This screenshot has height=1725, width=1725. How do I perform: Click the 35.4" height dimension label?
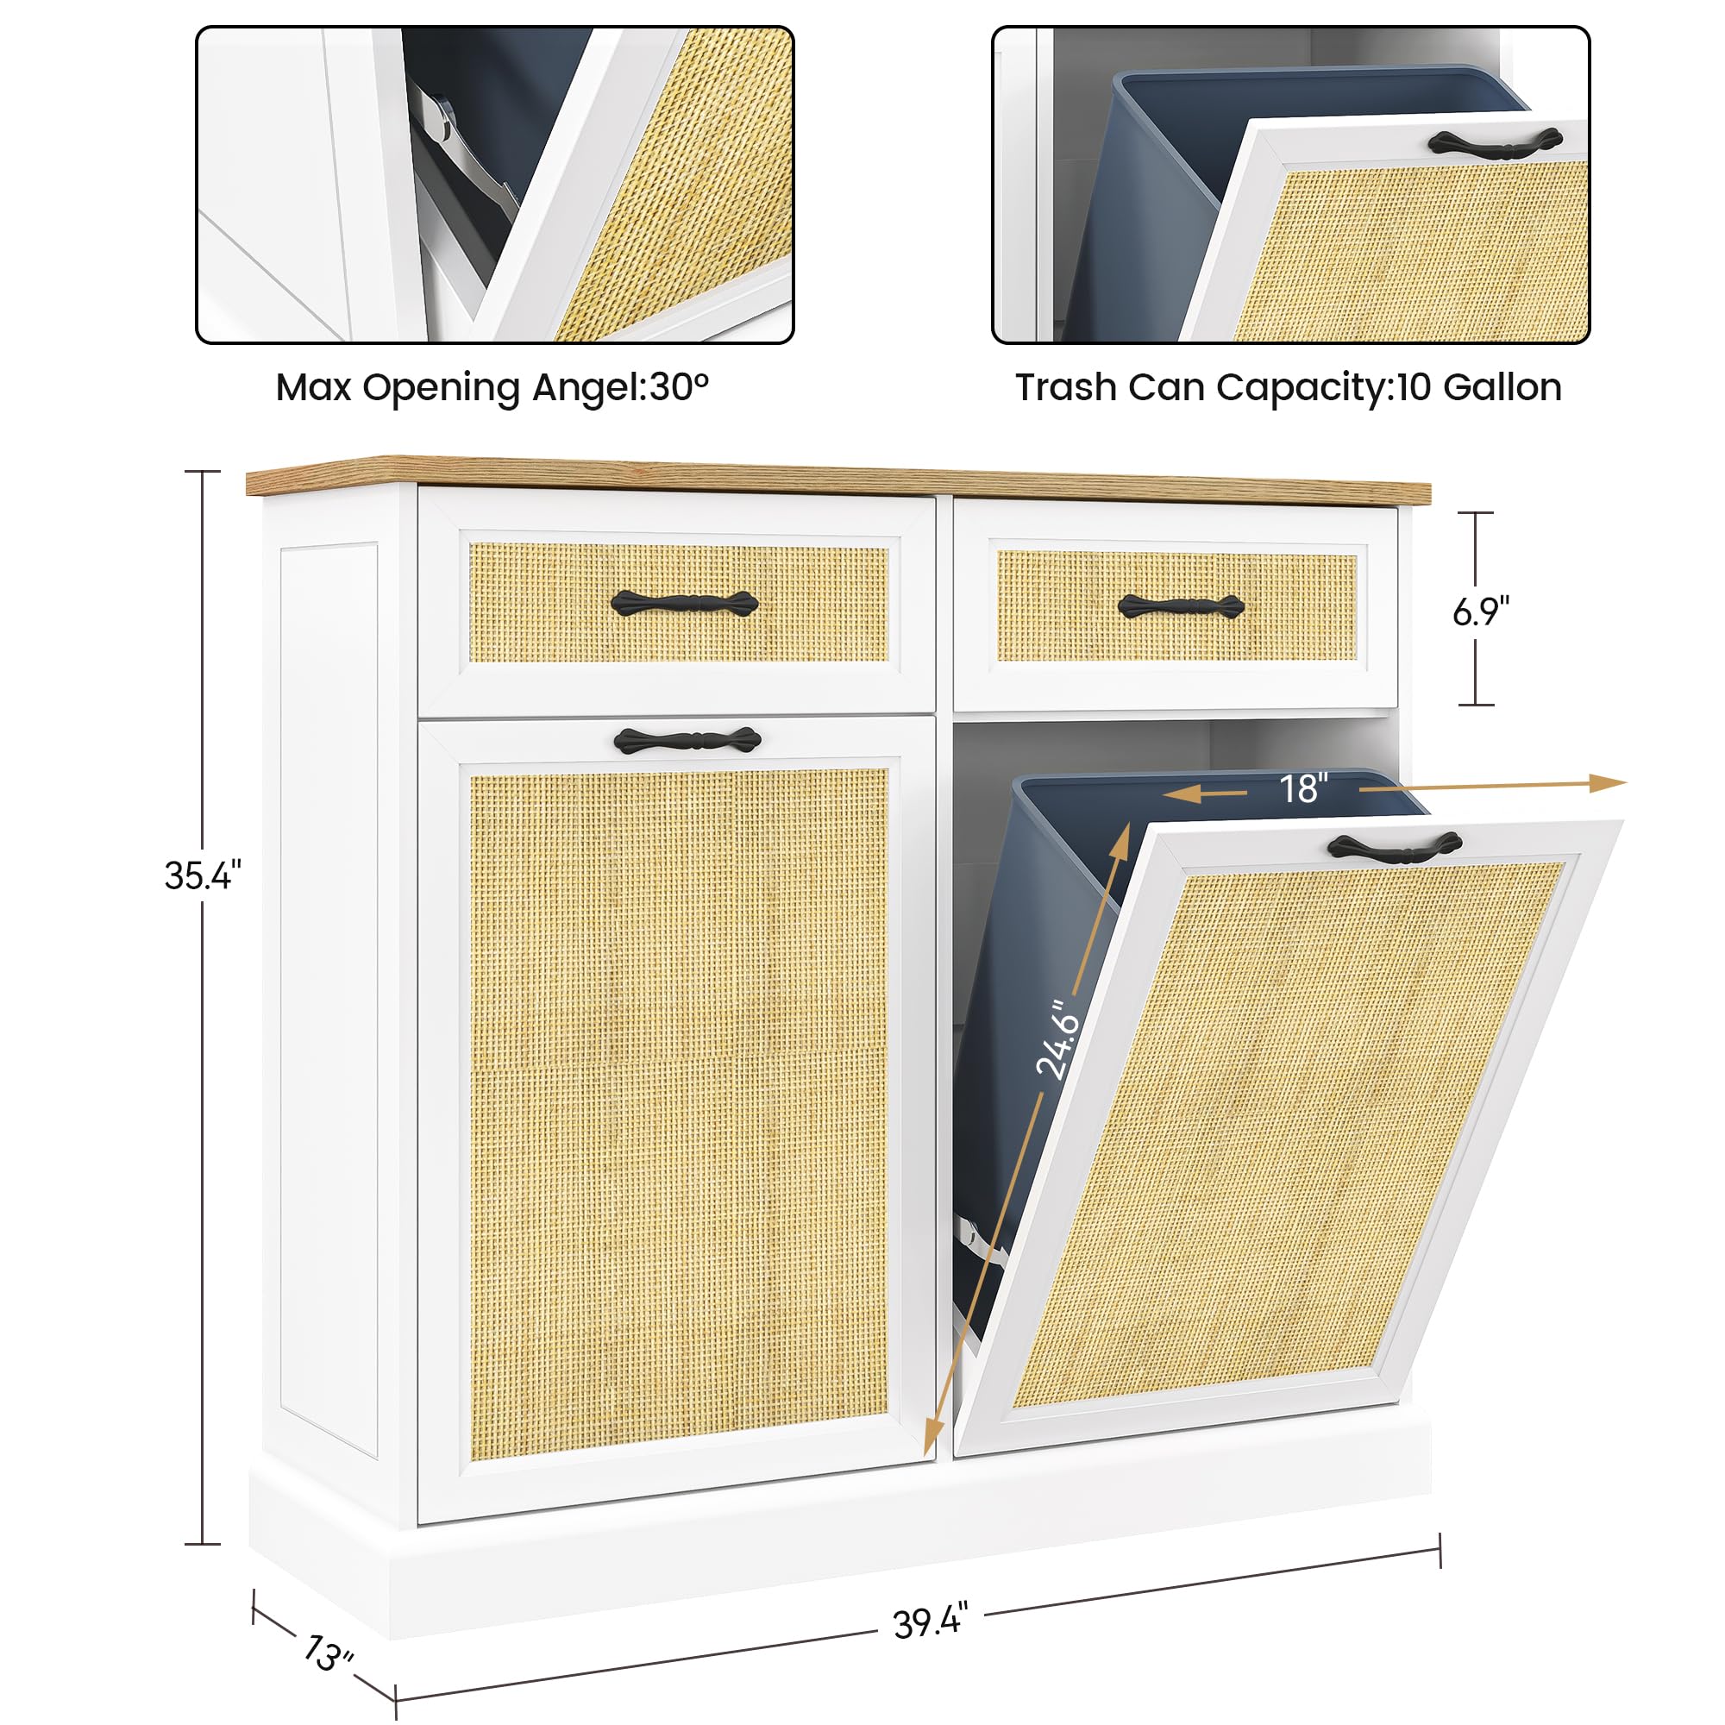coord(203,876)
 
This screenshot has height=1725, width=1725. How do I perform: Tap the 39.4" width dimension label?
coord(930,1621)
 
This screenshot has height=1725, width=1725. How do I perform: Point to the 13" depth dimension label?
coord(329,1652)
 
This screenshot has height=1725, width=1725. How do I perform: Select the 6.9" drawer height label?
coord(1480,612)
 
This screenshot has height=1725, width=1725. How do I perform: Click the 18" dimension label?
coord(1302,788)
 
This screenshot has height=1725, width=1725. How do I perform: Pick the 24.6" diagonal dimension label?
coord(1057,1041)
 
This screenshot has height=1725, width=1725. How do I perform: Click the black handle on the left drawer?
coord(685,604)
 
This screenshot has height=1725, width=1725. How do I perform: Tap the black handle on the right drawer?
coord(1182,606)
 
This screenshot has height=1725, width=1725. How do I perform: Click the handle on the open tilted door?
coord(1395,845)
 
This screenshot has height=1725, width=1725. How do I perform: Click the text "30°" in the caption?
coord(679,387)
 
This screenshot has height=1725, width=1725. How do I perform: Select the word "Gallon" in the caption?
coord(1502,387)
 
